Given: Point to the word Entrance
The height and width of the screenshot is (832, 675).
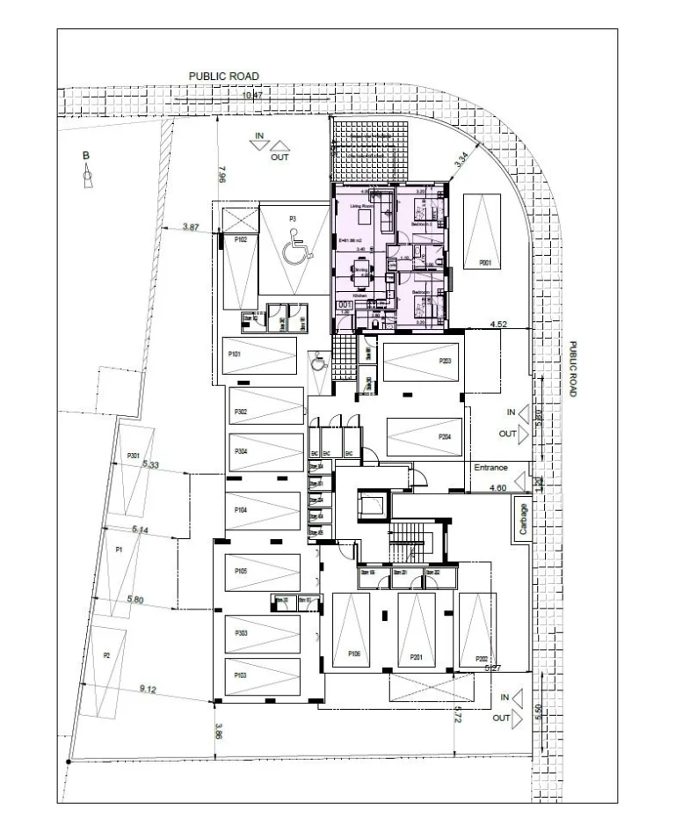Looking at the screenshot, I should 491,467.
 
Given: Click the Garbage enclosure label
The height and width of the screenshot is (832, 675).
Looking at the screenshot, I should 524,520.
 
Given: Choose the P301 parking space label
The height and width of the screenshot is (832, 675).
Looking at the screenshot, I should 134,455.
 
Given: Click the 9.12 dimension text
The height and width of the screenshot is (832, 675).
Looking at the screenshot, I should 149,689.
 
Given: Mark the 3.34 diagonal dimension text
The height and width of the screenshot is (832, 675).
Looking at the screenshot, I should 462,159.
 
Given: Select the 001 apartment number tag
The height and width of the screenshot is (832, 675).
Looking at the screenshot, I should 345,304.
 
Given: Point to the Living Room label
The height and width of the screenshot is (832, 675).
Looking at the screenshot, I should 362,206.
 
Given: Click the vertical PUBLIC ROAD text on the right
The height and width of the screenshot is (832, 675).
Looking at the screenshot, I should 572,369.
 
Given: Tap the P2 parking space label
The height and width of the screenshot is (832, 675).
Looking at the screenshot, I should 106,655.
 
